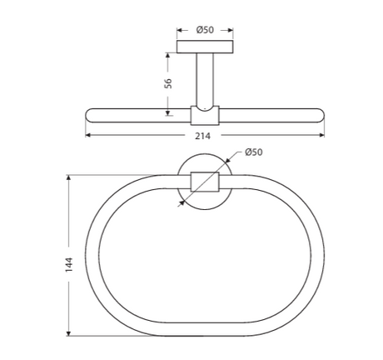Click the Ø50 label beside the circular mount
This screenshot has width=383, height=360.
(x=253, y=152)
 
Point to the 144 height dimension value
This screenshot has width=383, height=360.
(x=70, y=264)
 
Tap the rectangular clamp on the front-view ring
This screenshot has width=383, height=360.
(x=205, y=181)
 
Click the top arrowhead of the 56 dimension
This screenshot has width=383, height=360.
(x=167, y=55)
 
